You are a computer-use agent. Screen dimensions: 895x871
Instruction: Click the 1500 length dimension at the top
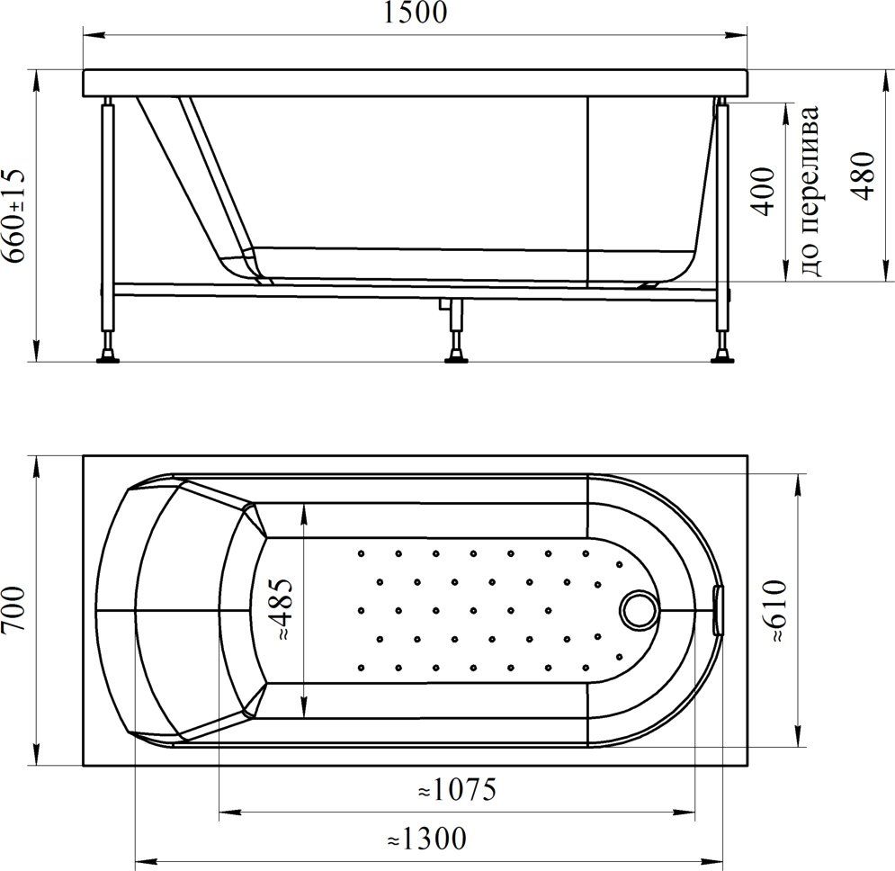click(x=415, y=13)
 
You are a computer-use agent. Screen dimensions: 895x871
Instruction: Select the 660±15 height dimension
click(x=13, y=215)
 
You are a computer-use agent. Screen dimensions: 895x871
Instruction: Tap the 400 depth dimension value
click(x=763, y=192)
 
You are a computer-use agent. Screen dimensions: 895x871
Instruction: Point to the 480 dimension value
click(x=863, y=176)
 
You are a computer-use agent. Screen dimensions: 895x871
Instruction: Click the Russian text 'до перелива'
click(x=810, y=192)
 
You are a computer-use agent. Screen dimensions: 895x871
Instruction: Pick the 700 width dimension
click(x=13, y=609)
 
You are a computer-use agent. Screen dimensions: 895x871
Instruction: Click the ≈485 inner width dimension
click(x=282, y=609)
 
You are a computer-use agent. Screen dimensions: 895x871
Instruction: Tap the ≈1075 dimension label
click(x=457, y=790)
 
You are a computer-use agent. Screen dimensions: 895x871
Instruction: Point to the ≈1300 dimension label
click(x=427, y=839)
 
